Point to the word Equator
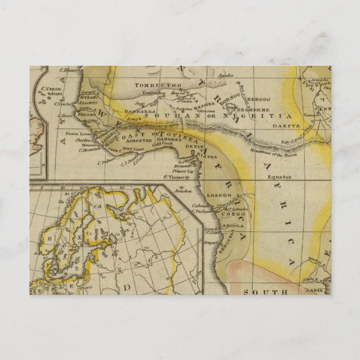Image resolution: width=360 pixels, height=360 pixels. tap(279, 176)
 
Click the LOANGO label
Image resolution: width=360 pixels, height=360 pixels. tap(219, 195)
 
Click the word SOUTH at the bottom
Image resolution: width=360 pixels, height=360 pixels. tap(272, 291)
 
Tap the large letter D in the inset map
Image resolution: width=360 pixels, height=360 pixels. tap(127, 287)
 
